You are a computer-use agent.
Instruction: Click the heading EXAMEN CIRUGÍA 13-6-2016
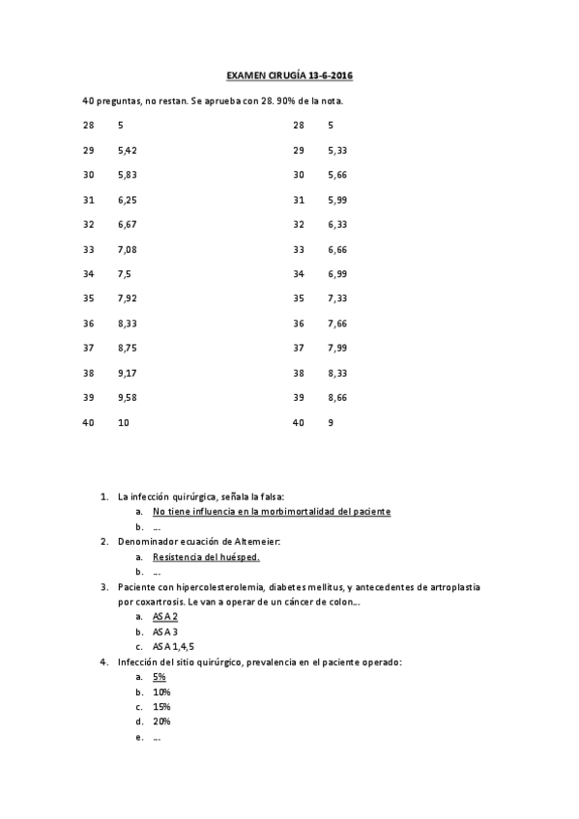pos(289,75)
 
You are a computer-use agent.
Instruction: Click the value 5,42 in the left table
pos(127,151)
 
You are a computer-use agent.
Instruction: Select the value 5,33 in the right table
pos(337,151)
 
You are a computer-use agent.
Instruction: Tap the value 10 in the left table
pos(123,422)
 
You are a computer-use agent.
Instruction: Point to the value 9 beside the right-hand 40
pos(331,422)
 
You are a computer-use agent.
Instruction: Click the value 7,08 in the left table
pos(127,249)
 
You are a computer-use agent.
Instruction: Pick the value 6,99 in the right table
pos(337,274)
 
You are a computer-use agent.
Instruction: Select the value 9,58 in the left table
pos(127,398)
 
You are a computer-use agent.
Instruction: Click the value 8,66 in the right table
pos(337,398)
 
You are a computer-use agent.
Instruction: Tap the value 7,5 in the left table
pos(125,274)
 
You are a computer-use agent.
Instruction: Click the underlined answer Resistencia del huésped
pos(206,557)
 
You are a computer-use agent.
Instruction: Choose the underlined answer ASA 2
pos(165,616)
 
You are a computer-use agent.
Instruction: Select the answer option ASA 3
pos(165,632)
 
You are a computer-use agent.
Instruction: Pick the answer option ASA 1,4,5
pos(172,647)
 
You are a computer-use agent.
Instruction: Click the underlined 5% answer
pos(159,677)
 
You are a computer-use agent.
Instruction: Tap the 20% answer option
pos(161,721)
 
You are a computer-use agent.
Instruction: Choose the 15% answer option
pos(161,707)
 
